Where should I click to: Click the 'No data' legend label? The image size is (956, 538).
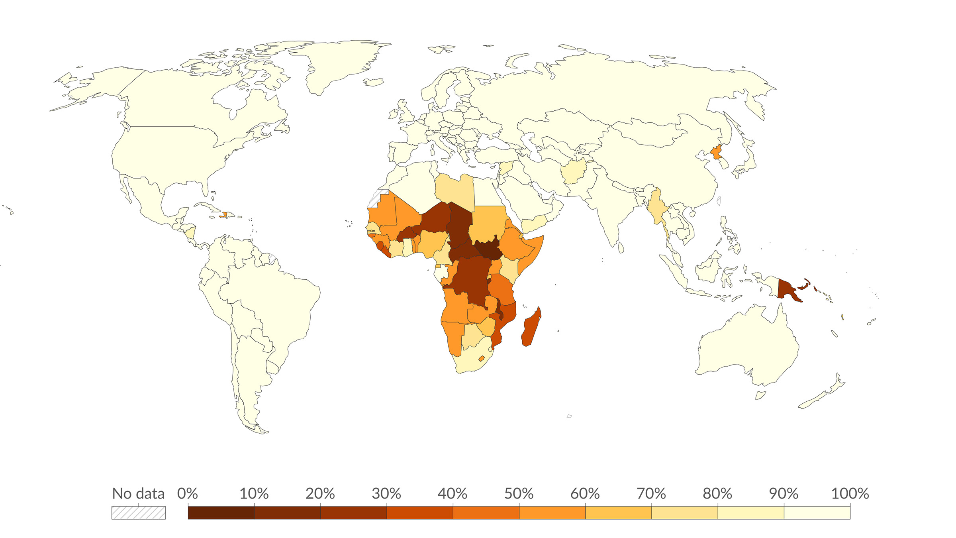pos(138,493)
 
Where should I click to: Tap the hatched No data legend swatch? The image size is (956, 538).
pos(138,513)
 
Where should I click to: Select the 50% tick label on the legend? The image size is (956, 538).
pos(519,493)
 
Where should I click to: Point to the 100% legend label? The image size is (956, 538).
pos(850,493)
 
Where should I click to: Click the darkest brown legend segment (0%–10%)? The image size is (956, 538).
pos(221,513)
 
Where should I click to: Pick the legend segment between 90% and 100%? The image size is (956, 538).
pos(817,513)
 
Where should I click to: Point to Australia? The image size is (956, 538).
pos(749,347)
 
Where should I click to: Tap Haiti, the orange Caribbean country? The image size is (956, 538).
pos(224,215)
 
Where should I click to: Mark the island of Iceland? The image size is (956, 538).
pos(373,82)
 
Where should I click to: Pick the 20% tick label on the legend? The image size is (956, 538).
pos(320,493)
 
